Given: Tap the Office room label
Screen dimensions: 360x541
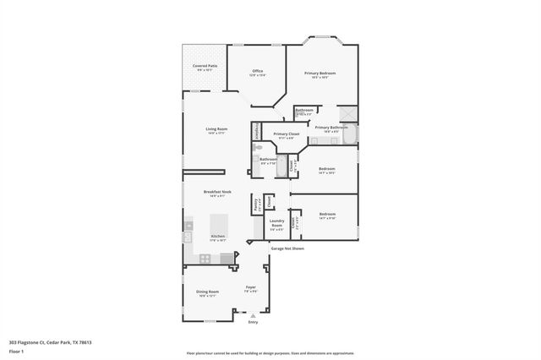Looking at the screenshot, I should [257, 71].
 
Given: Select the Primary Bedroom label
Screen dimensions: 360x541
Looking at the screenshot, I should [320, 74].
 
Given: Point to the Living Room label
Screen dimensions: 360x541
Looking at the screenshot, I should [216, 129].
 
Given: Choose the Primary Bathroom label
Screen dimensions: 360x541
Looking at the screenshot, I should [331, 128].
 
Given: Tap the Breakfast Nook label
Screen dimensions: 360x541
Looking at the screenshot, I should [216, 192].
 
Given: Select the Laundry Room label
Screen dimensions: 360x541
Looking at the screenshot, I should [276, 225].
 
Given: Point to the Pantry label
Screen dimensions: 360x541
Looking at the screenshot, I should [255, 204].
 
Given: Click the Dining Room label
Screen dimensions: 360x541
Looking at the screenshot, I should [208, 293].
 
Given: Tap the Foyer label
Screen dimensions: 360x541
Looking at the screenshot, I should [251, 288].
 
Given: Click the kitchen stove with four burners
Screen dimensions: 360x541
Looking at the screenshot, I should [227, 258].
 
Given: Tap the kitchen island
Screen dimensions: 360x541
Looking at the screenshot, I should [217, 223].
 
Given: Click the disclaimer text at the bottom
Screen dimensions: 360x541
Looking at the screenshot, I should [270, 353].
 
